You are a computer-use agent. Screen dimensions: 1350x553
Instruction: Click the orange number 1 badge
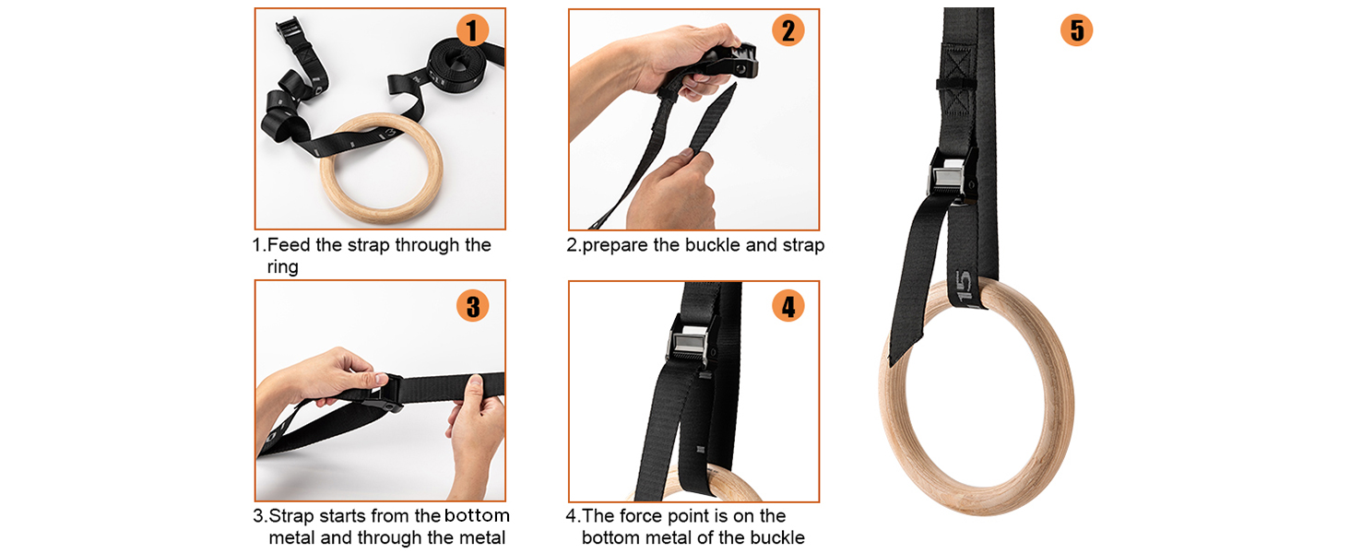tap(472, 30)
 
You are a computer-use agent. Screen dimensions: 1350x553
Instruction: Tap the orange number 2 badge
tap(787, 30)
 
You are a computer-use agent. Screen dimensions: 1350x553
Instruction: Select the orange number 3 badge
tap(472, 305)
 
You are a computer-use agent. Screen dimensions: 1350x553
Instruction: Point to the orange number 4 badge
tap(787, 305)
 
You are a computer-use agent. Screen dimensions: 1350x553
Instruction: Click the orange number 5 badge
tap(1076, 30)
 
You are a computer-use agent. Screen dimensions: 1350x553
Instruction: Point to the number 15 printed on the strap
tap(964, 287)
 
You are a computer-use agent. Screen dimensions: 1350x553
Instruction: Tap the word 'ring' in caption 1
tap(283, 267)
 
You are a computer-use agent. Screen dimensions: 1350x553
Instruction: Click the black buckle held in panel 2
tap(728, 62)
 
